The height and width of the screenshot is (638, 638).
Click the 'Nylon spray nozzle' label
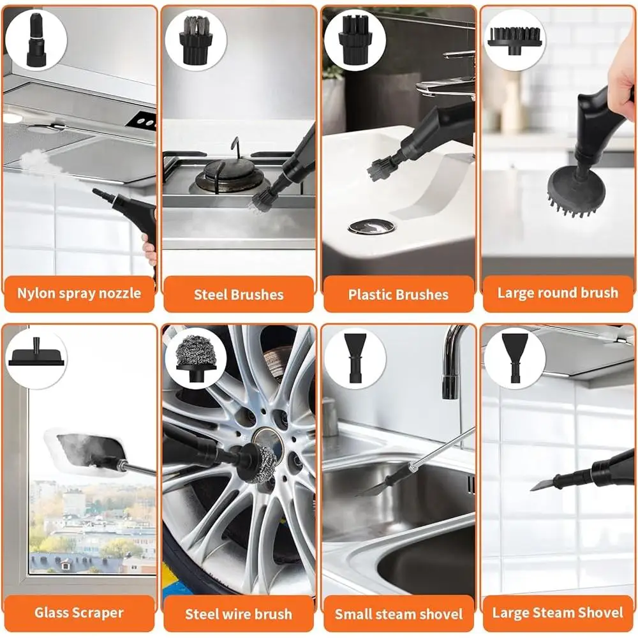(79, 294)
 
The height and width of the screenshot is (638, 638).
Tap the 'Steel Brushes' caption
(239, 295)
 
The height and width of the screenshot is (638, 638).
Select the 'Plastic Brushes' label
(398, 295)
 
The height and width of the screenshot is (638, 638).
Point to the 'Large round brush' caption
(558, 293)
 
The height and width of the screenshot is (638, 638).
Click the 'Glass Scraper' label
(79, 613)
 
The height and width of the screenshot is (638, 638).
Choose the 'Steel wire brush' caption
(239, 614)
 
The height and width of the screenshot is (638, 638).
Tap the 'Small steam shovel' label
(398, 614)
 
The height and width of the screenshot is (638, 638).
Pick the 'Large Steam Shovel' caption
(558, 613)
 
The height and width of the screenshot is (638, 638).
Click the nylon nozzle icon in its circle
(36, 38)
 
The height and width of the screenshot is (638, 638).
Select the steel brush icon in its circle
(195, 38)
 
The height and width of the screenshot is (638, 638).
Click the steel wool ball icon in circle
(195, 357)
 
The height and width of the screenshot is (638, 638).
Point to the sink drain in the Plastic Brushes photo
(371, 226)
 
